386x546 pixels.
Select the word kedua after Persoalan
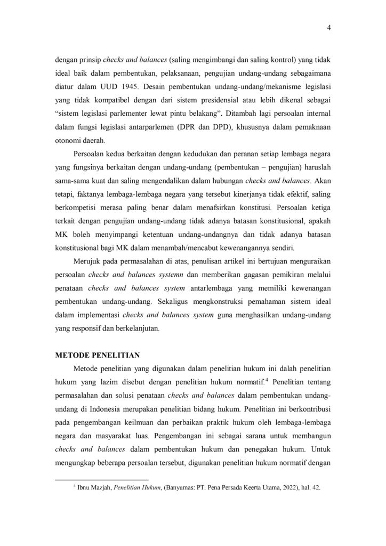pos(125,155)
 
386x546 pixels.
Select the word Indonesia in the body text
pos(98,409)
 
